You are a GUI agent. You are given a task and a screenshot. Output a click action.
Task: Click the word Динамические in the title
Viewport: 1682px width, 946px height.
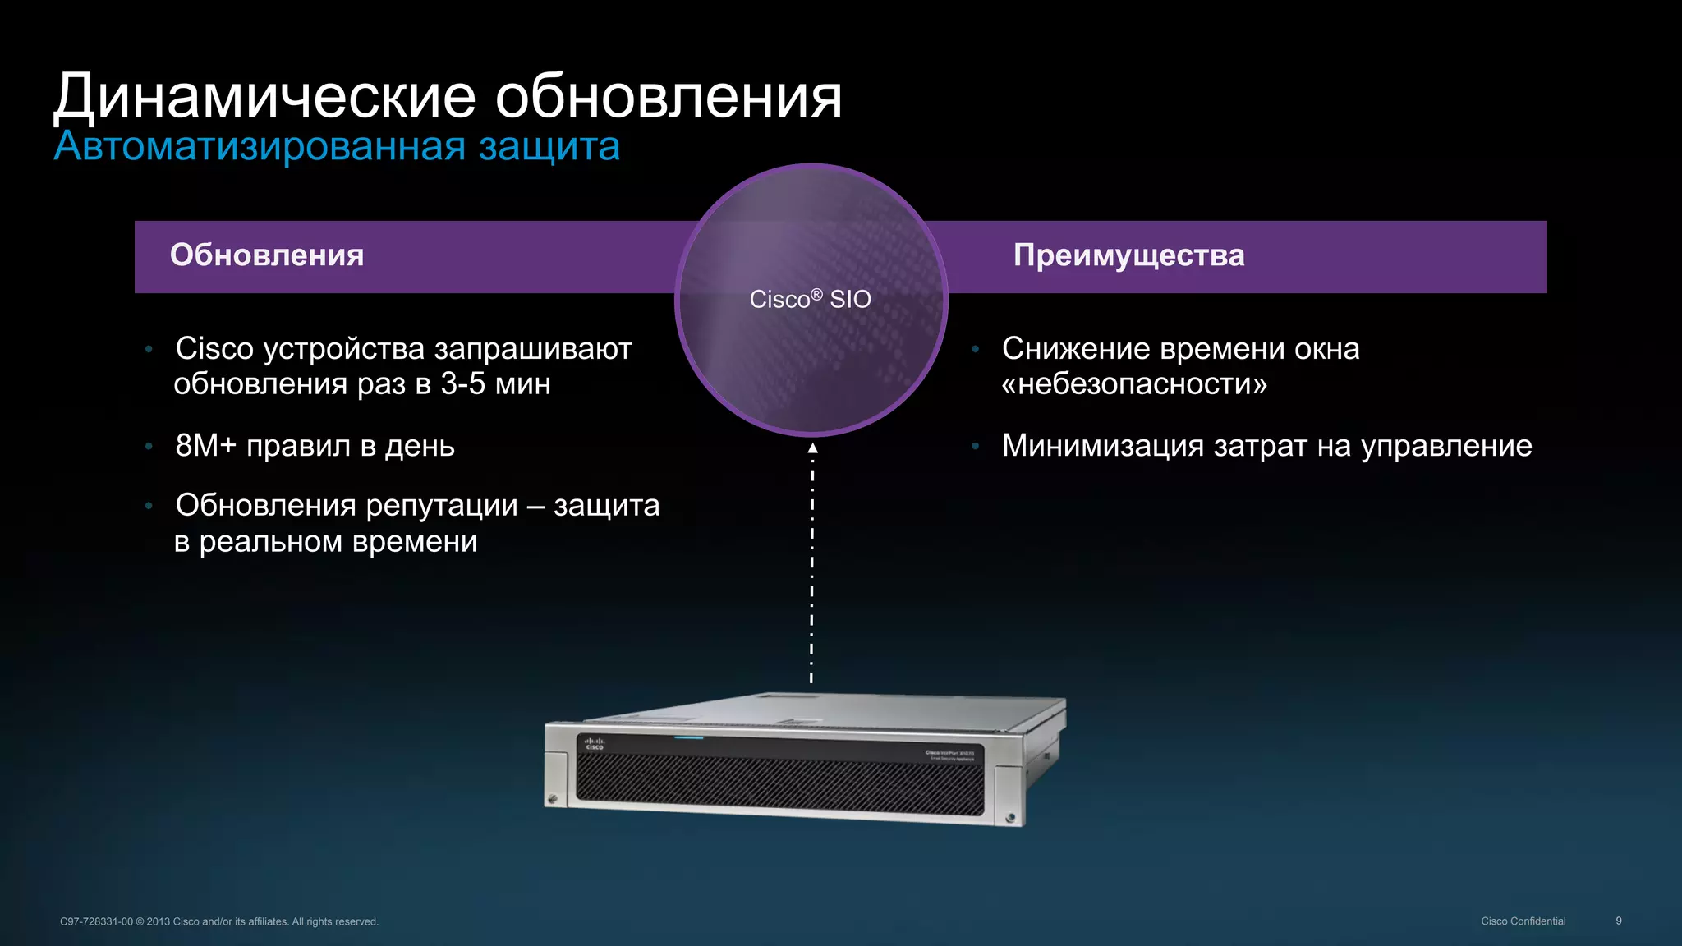(x=264, y=97)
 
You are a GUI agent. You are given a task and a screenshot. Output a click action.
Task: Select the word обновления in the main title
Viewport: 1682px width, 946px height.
(x=669, y=97)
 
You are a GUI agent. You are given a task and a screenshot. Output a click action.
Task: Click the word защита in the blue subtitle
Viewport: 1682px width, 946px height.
(x=549, y=146)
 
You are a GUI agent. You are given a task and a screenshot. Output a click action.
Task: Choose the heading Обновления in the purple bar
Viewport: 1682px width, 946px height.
(x=267, y=255)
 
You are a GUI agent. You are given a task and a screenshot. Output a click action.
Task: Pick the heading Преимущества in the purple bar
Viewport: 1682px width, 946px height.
(x=1128, y=255)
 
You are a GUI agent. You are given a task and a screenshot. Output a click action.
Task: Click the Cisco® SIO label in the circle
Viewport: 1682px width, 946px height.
(x=810, y=299)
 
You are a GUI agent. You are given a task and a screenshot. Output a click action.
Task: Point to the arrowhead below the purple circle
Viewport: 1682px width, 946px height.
(x=812, y=448)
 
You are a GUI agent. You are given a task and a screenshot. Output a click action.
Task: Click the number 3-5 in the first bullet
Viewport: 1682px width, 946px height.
(x=462, y=383)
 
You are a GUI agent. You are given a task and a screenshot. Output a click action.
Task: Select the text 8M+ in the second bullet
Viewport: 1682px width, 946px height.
(x=205, y=446)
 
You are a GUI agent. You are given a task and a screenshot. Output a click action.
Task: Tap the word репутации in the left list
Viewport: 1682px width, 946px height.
(x=442, y=505)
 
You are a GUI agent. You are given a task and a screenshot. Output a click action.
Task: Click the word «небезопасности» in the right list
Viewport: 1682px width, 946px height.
(x=1134, y=383)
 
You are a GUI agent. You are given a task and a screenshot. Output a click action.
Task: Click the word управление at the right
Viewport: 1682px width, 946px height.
(x=1446, y=446)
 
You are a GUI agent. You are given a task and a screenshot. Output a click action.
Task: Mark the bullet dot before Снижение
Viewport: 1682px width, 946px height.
(x=975, y=349)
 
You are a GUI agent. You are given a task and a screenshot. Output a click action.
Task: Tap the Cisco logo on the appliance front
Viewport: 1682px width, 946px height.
(x=594, y=743)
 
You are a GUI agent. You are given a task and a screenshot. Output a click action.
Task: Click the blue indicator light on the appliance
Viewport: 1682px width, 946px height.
(x=689, y=737)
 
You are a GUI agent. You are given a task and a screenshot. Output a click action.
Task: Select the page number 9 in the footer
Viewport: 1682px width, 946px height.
(x=1619, y=921)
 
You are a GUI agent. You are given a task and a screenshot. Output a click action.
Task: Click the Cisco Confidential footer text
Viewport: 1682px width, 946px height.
(x=1523, y=921)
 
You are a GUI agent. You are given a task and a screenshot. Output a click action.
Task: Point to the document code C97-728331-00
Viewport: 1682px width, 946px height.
(x=96, y=921)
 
